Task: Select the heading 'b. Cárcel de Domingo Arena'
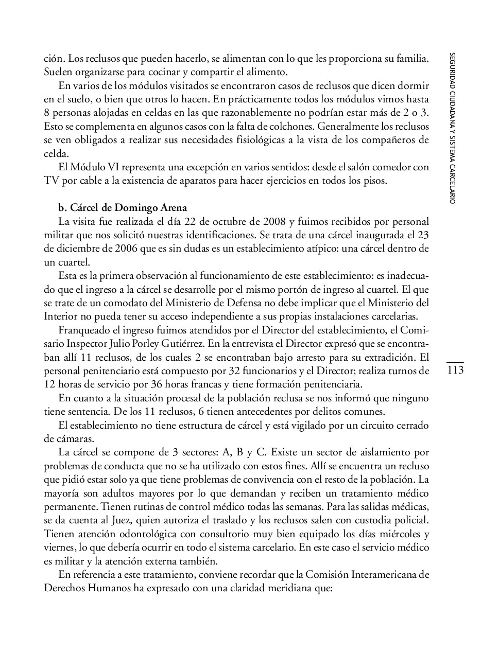[123, 208]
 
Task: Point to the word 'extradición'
[383, 356]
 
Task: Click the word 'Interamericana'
[383, 574]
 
